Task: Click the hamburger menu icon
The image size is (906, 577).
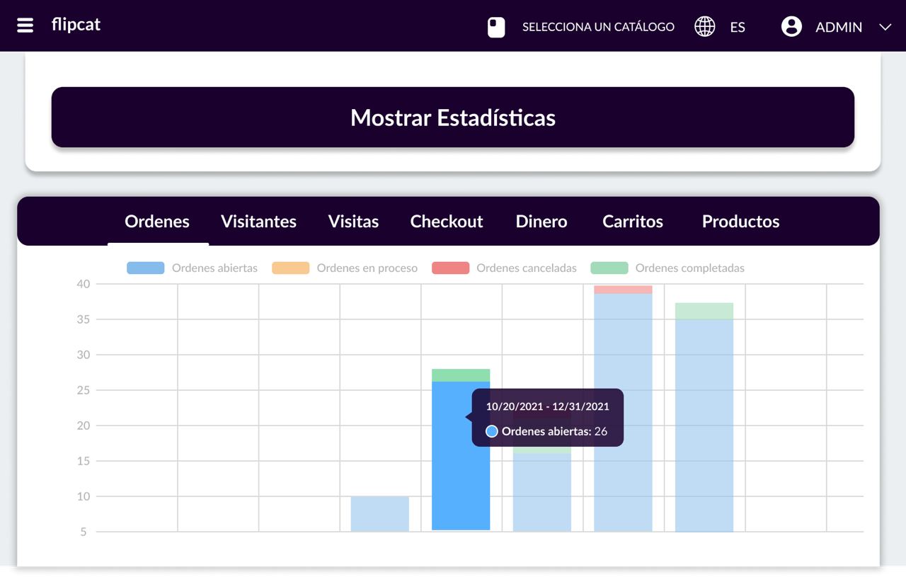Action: [25, 25]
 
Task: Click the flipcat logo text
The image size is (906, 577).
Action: [76, 25]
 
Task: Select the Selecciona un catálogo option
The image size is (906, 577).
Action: [598, 27]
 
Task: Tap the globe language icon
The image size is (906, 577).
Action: [704, 27]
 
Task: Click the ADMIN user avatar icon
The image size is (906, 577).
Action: [791, 27]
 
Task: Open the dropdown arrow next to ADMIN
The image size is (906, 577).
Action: [885, 27]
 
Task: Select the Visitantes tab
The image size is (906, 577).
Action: [258, 222]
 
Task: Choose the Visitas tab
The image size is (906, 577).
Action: [353, 222]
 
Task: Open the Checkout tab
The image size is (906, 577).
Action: [447, 222]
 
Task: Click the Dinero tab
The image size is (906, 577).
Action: [541, 222]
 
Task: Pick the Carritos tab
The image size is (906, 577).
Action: [633, 222]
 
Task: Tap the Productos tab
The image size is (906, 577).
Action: [740, 222]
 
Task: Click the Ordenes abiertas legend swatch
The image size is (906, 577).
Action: [146, 268]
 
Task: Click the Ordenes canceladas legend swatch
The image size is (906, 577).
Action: [450, 268]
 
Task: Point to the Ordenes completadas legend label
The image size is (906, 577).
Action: [689, 268]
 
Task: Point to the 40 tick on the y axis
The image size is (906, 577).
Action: [84, 284]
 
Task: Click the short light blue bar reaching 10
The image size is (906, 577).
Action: [380, 514]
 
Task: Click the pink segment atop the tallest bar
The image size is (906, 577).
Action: [623, 290]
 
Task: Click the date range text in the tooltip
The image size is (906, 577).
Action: [547, 407]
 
